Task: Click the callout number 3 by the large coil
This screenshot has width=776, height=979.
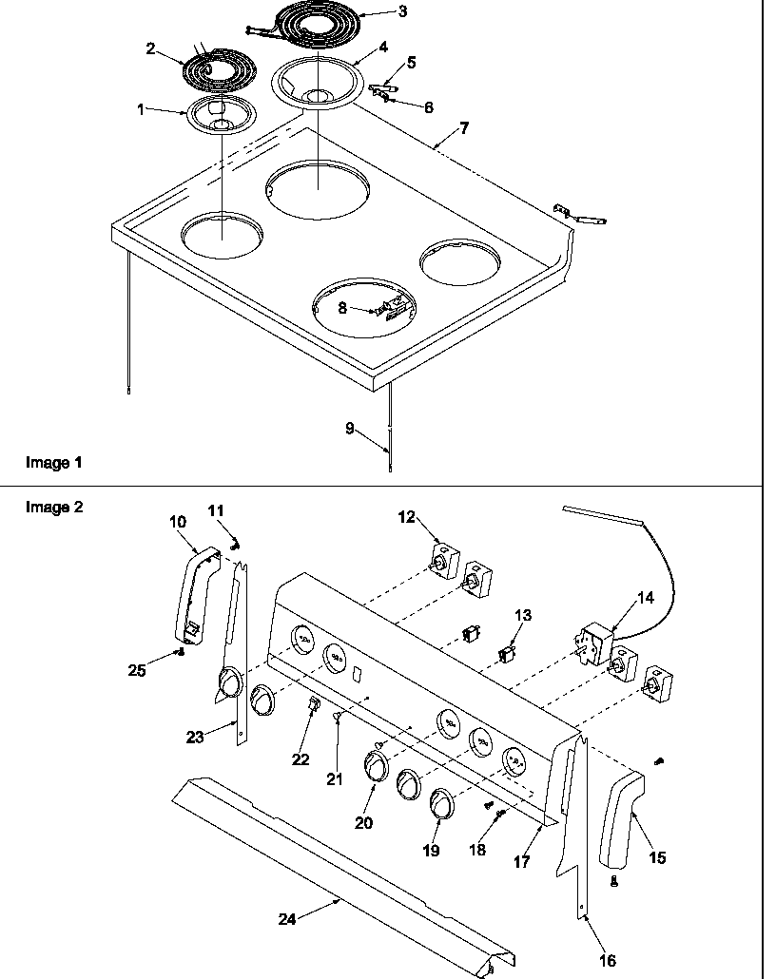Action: (376, 12)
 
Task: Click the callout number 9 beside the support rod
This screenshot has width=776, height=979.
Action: (350, 429)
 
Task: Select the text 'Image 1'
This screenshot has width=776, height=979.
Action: (53, 463)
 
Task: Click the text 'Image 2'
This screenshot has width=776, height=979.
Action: (53, 507)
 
